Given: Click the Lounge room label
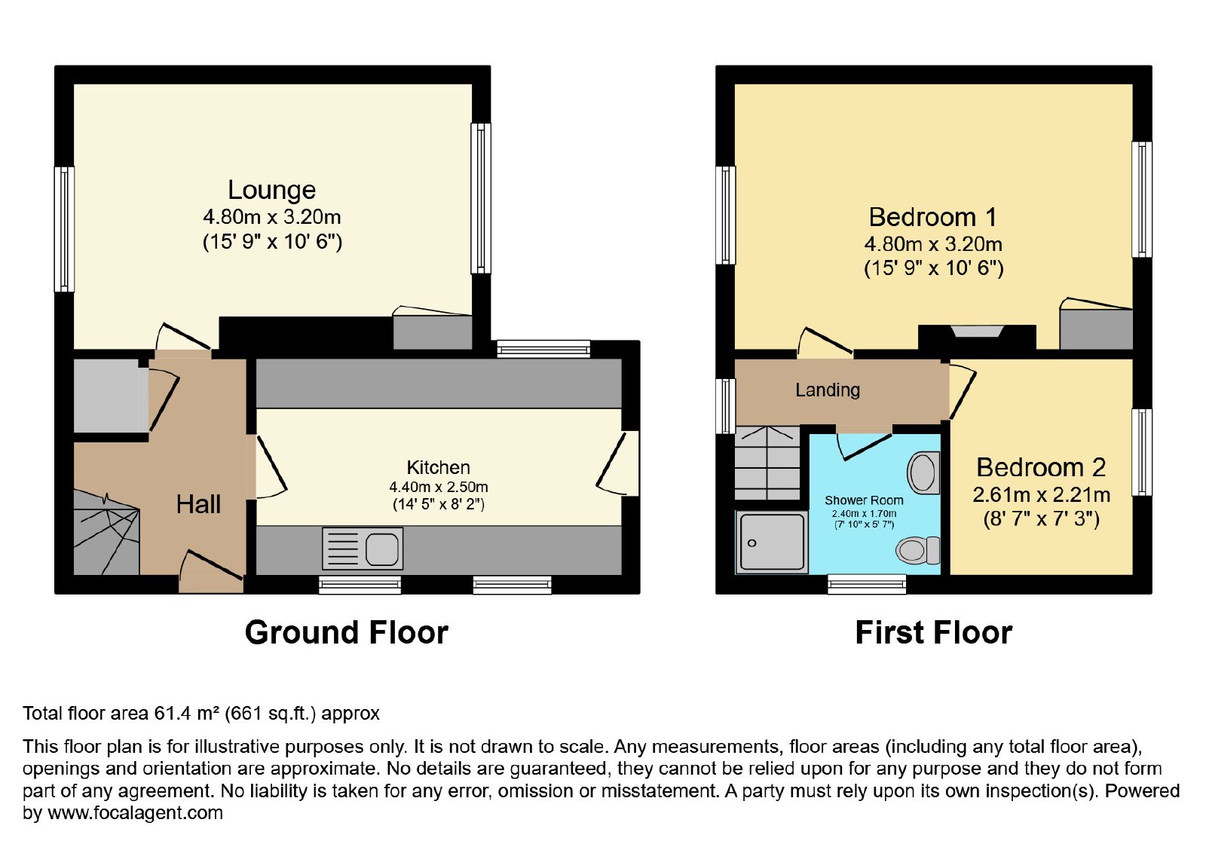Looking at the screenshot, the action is (271, 190).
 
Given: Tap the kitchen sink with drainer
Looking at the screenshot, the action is (363, 548).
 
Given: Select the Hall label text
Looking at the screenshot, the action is (198, 505).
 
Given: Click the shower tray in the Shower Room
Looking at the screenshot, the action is (772, 542).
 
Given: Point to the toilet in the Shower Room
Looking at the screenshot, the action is (918, 550).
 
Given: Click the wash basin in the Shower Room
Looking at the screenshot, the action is (923, 472).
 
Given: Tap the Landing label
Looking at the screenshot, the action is (828, 390).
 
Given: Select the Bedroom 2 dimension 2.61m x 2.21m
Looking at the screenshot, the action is (1041, 494).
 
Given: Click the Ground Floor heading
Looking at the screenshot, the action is (346, 632).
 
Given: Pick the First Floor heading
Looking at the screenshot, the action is (934, 632).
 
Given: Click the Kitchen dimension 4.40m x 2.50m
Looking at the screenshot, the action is (438, 487).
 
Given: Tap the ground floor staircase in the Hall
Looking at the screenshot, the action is (106, 533).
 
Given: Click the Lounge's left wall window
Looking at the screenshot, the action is (64, 229).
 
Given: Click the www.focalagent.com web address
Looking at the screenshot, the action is (135, 812).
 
